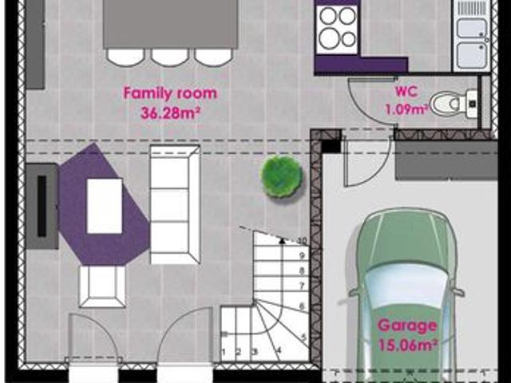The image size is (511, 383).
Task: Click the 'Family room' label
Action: pyautogui.click(x=170, y=93)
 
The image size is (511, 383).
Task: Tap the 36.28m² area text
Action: pyautogui.click(x=170, y=113)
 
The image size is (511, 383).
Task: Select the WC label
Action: pyautogui.click(x=406, y=91)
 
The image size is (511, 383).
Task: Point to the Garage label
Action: pyautogui.click(x=407, y=326)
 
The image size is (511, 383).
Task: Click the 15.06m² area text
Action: pyautogui.click(x=408, y=345)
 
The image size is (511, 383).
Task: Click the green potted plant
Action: pyautogui.click(x=281, y=176)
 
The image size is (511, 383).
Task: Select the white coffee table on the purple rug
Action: pyautogui.click(x=105, y=206)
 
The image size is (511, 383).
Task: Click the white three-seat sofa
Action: pyautogui.click(x=175, y=204)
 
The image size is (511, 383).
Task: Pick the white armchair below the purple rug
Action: pyautogui.click(x=102, y=286)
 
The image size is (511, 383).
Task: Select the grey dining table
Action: pyautogui.click(x=170, y=24)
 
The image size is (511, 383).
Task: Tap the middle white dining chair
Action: pyautogui.click(x=170, y=57)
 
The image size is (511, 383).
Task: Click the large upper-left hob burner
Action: pyautogui.click(x=328, y=16)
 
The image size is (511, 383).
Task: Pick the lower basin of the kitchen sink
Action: pyautogui.click(x=471, y=55)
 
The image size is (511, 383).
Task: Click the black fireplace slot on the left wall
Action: pyautogui.click(x=42, y=206)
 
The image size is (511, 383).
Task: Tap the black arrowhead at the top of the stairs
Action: pyautogui.click(x=282, y=241)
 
